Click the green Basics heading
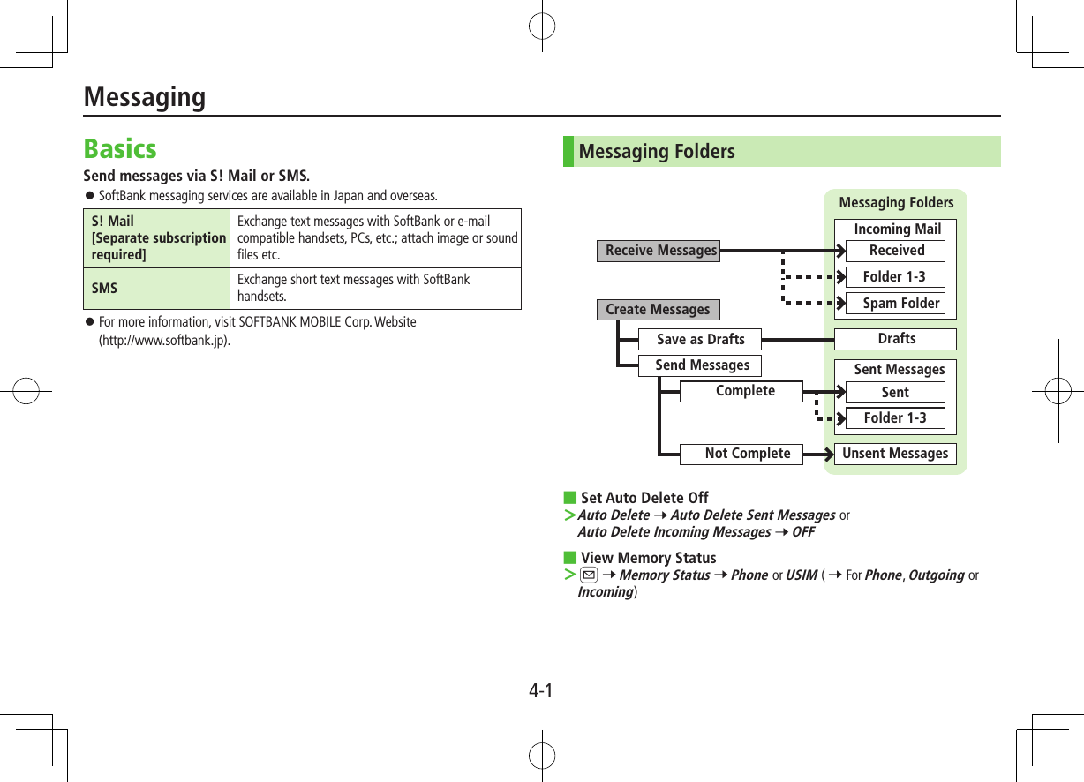pos(120,148)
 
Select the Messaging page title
pos(145,96)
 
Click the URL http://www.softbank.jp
pos(165,340)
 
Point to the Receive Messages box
pos(660,251)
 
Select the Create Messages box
pos(658,310)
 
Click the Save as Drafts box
pos(700,339)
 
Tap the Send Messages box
pos(702,365)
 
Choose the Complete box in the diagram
pos(744,391)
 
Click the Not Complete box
pos(747,454)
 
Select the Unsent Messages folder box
pos(895,454)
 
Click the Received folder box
pos(896,251)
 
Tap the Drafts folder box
pos(896,339)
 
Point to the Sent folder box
pos(895,393)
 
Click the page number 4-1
pos(541,690)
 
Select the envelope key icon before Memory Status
pos(588,575)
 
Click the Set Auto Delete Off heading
pos(644,498)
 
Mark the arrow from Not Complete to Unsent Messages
pos(820,455)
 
